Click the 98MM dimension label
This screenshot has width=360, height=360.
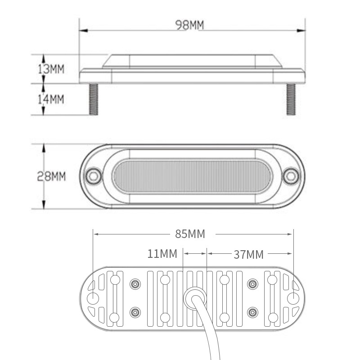tap(189, 25)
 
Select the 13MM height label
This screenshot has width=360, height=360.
tap(51, 69)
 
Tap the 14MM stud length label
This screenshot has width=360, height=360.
tap(51, 99)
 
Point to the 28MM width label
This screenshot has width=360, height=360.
tap(51, 176)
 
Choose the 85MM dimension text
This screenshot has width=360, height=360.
tap(190, 234)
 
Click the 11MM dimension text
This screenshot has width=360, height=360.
tap(162, 254)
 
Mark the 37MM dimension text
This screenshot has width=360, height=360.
tap(248, 254)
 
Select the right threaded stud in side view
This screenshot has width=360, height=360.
tap(291, 99)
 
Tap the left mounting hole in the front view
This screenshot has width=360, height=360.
tap(94, 175)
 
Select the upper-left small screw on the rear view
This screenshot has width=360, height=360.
tap(135, 284)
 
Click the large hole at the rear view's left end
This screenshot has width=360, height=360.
tap(93, 298)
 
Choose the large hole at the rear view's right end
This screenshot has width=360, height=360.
tap(293, 298)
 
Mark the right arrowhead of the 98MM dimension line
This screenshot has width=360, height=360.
tap(302, 30)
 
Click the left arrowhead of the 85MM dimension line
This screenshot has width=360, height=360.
tap(96, 234)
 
